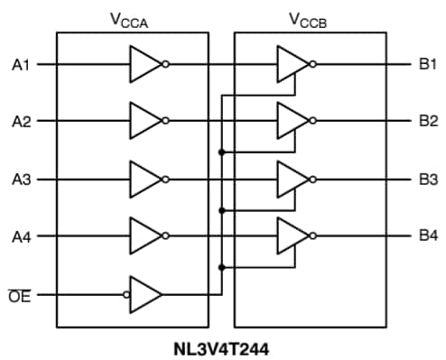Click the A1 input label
tap(22, 65)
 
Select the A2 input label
tap(22, 120)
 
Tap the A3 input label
tap(22, 180)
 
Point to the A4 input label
tap(22, 236)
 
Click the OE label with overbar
tap(20, 294)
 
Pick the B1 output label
tap(428, 65)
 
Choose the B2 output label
tap(428, 120)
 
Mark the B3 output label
tap(428, 180)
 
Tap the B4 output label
tap(428, 236)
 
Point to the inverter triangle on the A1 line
tap(144, 65)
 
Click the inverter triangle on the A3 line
tap(144, 180)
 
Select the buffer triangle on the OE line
tap(146, 294)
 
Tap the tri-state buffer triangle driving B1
tap(291, 65)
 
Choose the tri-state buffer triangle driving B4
tap(291, 236)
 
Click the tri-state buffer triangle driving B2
tap(291, 120)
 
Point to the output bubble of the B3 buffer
tap(311, 180)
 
